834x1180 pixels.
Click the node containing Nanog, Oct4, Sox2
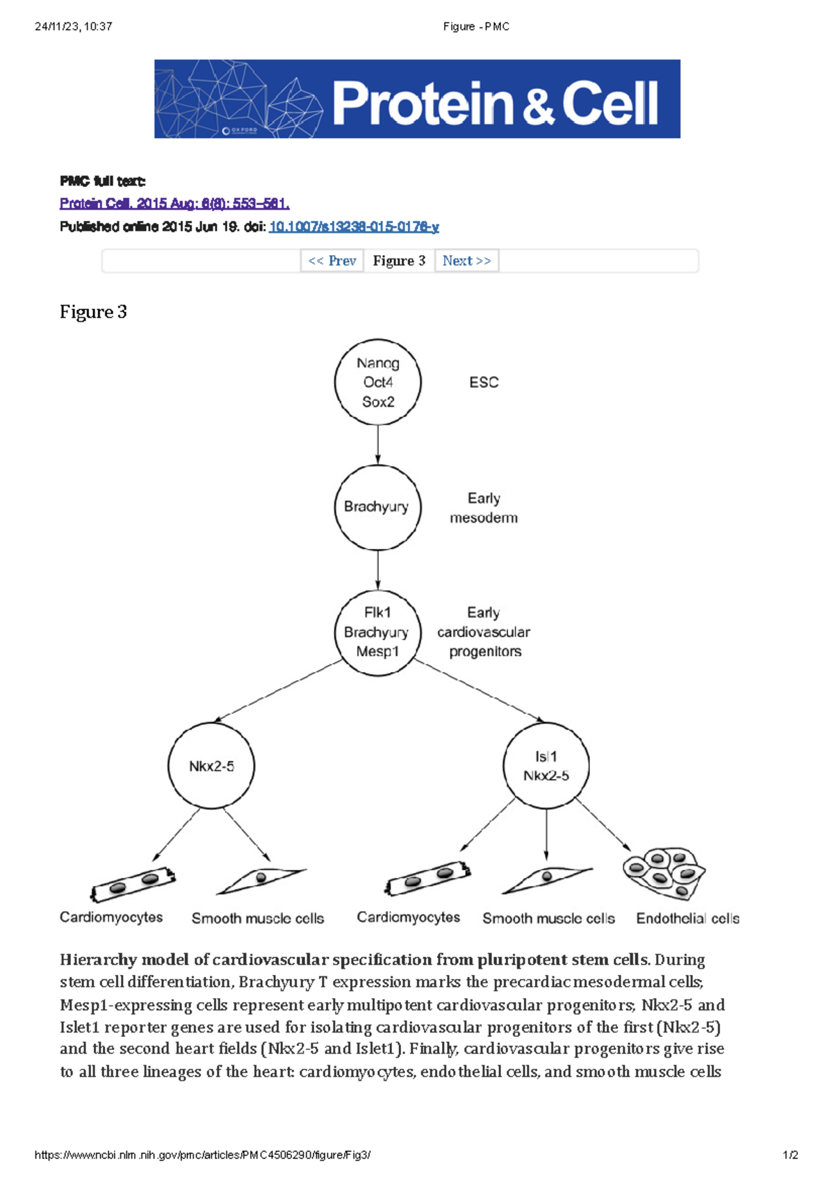pos(377,382)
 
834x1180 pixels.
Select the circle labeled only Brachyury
pos(377,507)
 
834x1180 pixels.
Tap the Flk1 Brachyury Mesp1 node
pos(377,632)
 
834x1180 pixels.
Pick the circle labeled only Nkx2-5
pos(211,766)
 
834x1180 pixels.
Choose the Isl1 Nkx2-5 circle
pos(546,766)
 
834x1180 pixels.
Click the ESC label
pos(484,382)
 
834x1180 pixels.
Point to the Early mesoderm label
pos(484,508)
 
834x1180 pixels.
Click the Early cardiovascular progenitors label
pos(484,632)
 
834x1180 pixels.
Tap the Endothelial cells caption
pos(687,919)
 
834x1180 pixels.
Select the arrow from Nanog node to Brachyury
pos(377,445)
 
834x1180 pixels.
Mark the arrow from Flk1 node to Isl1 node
pos(480,692)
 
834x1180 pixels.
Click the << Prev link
pos(332,261)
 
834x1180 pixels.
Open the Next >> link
pos(466,261)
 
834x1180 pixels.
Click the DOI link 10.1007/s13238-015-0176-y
pos(354,227)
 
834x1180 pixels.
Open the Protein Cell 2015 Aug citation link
pos(174,204)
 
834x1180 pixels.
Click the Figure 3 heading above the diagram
pos(93,312)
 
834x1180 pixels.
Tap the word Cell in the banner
pos(610,103)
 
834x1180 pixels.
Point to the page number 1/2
pos(790,1155)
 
